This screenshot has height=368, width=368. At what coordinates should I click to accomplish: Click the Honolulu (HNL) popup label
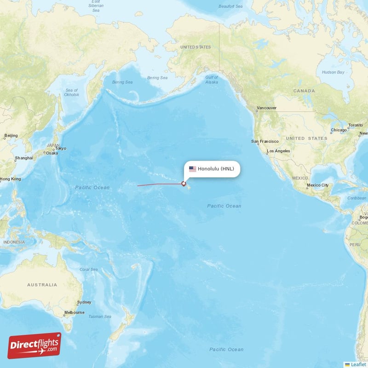point(216,169)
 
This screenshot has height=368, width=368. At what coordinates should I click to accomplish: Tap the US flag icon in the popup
point(192,169)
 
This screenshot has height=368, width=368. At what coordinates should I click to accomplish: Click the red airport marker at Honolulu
point(184,184)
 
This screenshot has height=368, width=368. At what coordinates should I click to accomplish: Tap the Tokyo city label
point(61,148)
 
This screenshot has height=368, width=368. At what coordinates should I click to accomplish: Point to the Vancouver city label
point(266,108)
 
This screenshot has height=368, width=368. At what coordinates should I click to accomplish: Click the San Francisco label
point(264,141)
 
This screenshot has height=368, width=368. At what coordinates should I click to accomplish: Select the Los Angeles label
point(279,151)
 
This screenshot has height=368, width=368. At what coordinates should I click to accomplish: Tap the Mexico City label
point(318,185)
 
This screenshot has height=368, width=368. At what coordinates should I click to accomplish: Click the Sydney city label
point(84,302)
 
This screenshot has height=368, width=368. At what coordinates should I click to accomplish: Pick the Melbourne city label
point(74,312)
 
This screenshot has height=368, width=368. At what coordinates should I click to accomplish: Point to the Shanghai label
point(23,158)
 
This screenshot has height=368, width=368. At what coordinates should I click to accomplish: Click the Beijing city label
point(11,136)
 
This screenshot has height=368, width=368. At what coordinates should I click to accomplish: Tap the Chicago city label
point(338,131)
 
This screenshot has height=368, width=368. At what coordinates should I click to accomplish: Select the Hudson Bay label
point(333,72)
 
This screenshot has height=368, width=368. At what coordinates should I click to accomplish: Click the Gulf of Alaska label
point(212,79)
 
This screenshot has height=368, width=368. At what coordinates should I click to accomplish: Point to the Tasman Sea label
point(100,316)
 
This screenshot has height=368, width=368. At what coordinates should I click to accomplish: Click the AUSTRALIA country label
point(42,285)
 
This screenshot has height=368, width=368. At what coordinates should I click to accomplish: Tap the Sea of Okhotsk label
point(72,92)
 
